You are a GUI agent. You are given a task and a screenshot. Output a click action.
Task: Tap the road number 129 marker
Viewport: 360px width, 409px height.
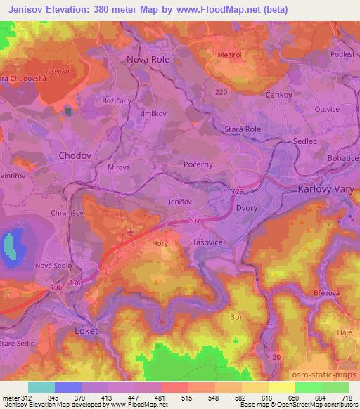pos(238,191)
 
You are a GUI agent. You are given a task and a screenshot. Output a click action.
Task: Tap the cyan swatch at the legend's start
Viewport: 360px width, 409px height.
pos(41,387)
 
